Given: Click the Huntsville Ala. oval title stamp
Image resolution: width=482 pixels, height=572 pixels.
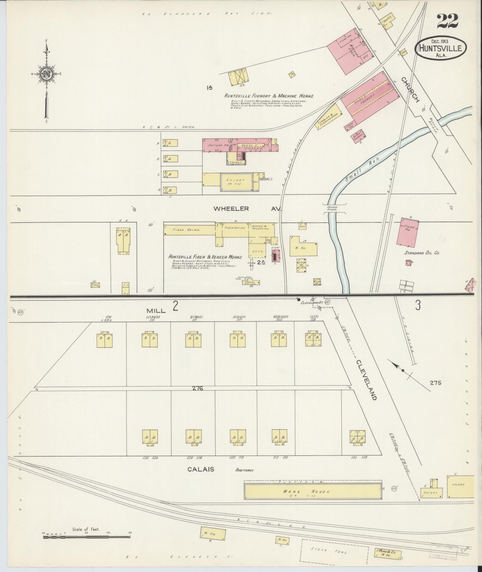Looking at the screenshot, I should click(x=440, y=49).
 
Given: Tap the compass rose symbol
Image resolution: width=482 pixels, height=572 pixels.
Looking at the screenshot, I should click(x=46, y=74).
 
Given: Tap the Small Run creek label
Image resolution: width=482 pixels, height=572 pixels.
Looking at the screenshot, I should click(x=362, y=170).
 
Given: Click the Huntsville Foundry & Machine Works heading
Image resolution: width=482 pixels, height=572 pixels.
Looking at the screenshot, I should click(x=269, y=96).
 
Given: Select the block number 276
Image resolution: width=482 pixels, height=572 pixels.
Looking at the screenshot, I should click(x=198, y=388).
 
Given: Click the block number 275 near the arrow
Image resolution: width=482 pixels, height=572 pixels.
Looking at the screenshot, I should click(x=435, y=382).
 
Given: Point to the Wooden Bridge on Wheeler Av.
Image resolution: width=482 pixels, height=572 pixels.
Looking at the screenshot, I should click(x=332, y=208).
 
